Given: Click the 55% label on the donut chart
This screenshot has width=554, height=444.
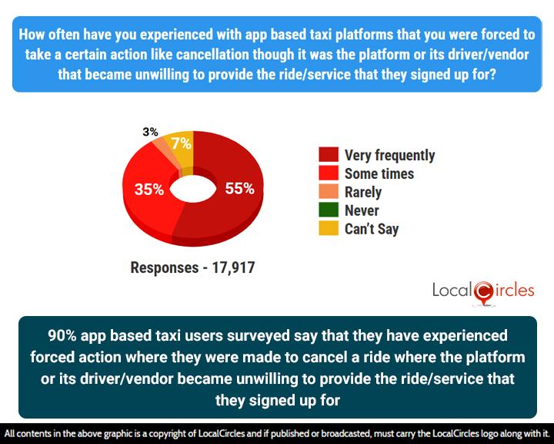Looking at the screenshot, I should pyautogui.click(x=239, y=188).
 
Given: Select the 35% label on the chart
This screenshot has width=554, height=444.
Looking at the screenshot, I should pyautogui.click(x=149, y=189).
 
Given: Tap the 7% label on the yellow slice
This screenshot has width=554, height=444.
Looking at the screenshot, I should pyautogui.click(x=182, y=143).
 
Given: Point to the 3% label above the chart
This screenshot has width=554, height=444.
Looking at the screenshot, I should pyautogui.click(x=152, y=131).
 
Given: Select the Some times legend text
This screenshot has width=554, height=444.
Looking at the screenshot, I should pyautogui.click(x=379, y=174).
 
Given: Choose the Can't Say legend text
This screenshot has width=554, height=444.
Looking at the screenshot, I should pyautogui.click(x=372, y=229).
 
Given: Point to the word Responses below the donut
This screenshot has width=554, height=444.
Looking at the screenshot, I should pyautogui.click(x=164, y=268).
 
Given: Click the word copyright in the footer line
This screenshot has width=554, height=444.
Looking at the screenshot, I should pyautogui.click(x=206, y=434).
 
